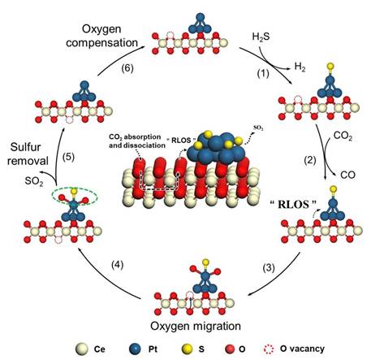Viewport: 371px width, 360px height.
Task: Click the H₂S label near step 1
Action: click(261, 37)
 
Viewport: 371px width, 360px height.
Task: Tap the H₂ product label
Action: click(300, 67)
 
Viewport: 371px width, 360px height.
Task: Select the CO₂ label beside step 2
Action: click(343, 136)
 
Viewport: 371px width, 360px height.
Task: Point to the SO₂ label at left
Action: click(34, 181)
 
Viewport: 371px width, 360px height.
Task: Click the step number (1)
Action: click(263, 73)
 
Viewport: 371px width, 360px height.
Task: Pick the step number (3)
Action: click(269, 267)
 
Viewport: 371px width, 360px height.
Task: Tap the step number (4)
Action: click(117, 265)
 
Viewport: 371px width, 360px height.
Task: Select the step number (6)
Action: click(127, 68)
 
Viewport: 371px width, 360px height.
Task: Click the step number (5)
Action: click(68, 157)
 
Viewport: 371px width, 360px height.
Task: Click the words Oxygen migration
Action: click(196, 326)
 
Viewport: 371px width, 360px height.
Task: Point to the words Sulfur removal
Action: click(28, 154)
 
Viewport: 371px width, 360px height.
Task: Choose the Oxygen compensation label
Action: click(101, 36)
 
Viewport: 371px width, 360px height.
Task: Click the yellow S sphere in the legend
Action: click(187, 349)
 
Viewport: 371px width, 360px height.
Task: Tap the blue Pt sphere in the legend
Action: click(135, 349)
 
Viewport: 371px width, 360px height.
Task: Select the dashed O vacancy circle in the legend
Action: click(269, 349)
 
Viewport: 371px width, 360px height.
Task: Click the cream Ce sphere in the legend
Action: click(82, 349)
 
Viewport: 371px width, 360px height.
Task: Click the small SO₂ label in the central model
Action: click(258, 128)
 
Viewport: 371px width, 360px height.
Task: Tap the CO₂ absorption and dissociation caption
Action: click(137, 141)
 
